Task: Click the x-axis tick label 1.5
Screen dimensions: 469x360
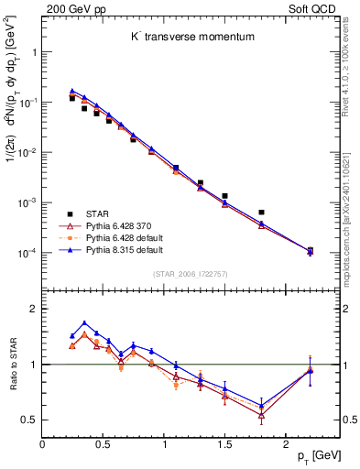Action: pos(224,442)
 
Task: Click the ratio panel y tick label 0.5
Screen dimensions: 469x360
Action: pos(28,420)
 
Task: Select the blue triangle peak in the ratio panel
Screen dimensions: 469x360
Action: pos(84,322)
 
